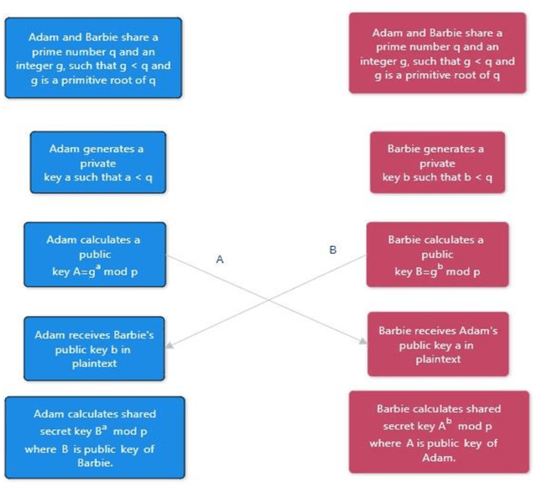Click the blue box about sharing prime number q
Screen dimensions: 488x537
coord(93,58)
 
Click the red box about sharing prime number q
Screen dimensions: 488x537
coord(437,53)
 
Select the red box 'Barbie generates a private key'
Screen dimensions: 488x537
coord(437,163)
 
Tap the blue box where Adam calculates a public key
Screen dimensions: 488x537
coord(95,254)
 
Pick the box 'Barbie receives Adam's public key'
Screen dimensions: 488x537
coord(437,344)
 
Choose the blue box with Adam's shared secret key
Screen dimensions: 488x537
coord(94,431)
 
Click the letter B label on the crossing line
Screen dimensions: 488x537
coord(332,249)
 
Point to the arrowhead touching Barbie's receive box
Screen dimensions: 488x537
coord(363,341)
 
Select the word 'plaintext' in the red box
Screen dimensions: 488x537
coord(438,359)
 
